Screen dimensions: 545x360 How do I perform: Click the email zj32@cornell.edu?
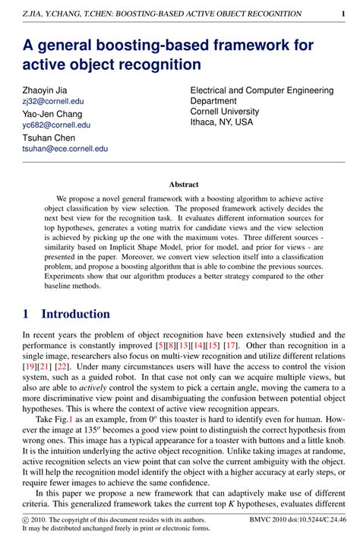52,100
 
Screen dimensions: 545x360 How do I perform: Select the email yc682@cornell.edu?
56,125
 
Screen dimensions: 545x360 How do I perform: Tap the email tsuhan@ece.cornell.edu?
65,149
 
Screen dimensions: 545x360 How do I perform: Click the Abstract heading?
183,184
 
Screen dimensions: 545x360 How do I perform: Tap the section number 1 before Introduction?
27,314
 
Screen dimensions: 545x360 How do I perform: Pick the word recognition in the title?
158,65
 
